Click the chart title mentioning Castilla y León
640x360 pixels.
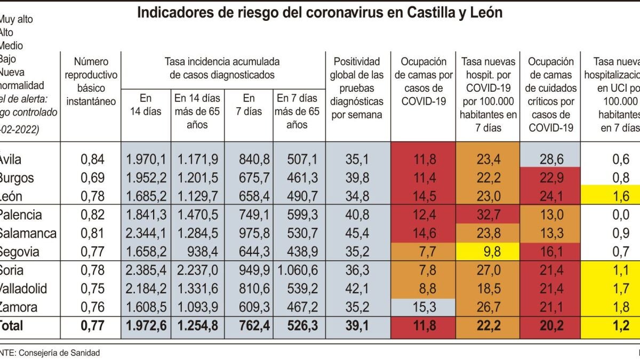click(x=320, y=13)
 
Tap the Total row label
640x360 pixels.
click(x=12, y=325)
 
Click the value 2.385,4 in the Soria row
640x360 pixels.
click(x=146, y=270)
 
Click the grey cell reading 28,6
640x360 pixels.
click(x=551, y=159)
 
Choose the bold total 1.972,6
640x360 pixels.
click(x=146, y=325)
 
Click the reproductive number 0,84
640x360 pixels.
click(x=92, y=159)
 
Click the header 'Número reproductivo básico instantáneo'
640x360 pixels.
click(x=91, y=82)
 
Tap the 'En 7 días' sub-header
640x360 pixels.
click(x=249, y=105)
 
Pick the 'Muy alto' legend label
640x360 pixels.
click(x=16, y=20)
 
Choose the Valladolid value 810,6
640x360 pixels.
click(x=249, y=289)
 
